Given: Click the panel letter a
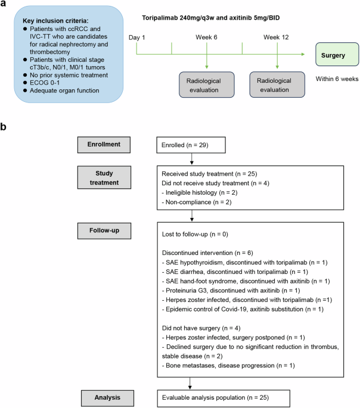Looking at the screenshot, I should (x=5, y=5).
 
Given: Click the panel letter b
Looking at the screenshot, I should (x=5, y=127).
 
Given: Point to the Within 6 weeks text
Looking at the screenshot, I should (x=337, y=78).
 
